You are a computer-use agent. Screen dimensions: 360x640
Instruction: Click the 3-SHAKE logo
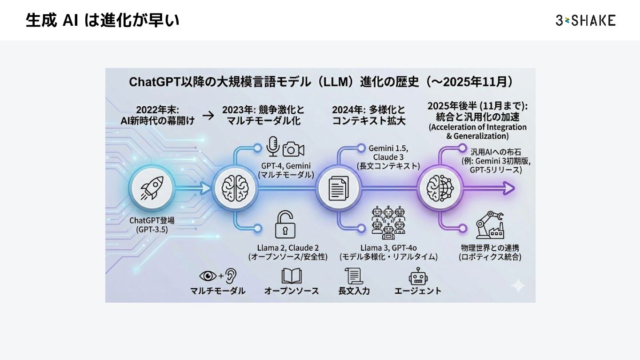(585, 20)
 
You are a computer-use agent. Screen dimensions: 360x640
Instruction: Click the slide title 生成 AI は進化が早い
(103, 20)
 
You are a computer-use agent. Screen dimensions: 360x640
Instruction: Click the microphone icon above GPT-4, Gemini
(272, 146)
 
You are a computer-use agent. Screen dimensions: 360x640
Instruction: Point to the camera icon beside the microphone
(293, 149)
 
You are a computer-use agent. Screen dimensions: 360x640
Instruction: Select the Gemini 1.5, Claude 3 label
(388, 152)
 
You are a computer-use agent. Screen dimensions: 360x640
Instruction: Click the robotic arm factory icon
(489, 225)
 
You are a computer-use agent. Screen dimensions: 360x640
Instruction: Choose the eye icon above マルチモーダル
(208, 276)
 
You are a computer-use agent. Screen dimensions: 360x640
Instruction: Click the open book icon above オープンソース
(292, 276)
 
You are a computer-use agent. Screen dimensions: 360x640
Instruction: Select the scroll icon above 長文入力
(354, 276)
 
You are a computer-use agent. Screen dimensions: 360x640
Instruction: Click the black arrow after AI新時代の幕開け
(208, 116)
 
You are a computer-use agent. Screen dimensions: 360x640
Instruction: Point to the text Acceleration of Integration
(477, 127)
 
